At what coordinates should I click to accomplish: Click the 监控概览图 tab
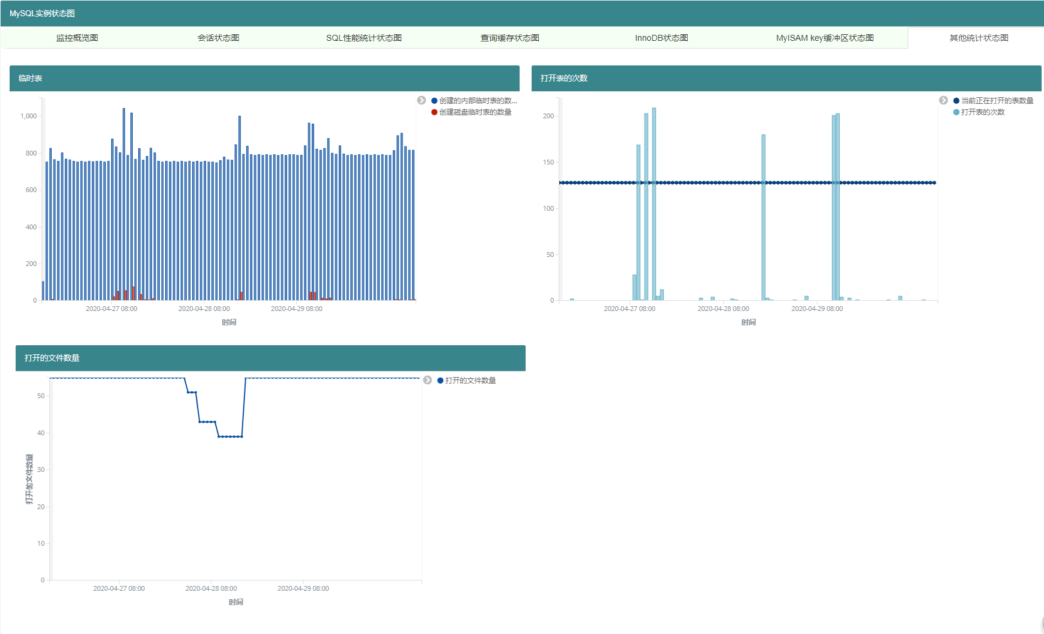tap(77, 38)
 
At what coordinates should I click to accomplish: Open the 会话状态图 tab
tap(218, 38)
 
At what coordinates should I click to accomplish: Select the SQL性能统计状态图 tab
tap(364, 38)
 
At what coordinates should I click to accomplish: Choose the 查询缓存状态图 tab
tap(510, 38)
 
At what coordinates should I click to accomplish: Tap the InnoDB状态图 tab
tap(661, 38)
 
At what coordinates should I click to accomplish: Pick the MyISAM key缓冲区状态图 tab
tap(825, 38)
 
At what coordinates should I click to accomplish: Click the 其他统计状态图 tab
tap(979, 38)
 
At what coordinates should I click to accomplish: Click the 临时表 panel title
tap(30, 78)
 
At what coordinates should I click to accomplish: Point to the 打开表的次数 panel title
tap(563, 78)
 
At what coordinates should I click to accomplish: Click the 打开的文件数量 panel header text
tap(52, 358)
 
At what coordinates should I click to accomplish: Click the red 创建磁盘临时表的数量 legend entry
tap(472, 112)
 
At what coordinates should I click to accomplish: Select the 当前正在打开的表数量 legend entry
tap(994, 101)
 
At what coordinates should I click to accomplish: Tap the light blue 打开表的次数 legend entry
tap(979, 112)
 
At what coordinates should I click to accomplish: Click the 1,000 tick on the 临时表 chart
tap(28, 116)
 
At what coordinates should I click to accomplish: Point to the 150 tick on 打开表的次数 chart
tap(548, 162)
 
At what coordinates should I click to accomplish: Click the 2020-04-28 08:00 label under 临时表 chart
tap(204, 309)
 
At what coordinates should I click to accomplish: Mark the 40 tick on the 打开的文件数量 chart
tap(41, 433)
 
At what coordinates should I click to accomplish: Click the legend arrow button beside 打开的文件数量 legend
tap(428, 380)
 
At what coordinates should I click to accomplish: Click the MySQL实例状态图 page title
tap(42, 13)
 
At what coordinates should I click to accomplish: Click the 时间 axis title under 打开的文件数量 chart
tap(235, 602)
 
